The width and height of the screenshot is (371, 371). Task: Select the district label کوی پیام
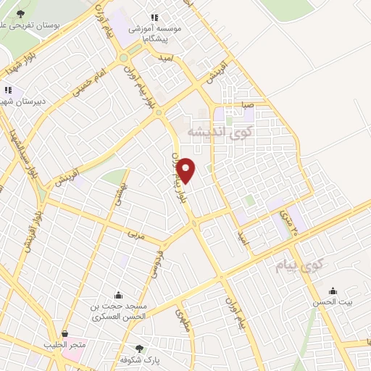point(297,266)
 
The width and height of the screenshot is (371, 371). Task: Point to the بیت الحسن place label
point(333,304)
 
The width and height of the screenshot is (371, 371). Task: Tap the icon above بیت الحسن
point(333,291)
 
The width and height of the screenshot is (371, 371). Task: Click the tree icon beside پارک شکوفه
point(140,349)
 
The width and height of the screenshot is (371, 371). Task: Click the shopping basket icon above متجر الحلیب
point(66,334)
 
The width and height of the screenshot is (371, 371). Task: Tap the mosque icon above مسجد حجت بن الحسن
point(118,294)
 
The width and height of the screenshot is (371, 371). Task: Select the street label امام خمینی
point(88,86)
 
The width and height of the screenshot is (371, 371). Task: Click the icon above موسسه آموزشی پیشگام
point(154,17)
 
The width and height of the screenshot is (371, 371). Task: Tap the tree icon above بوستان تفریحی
point(20,14)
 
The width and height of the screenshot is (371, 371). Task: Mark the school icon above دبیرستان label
point(8,90)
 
